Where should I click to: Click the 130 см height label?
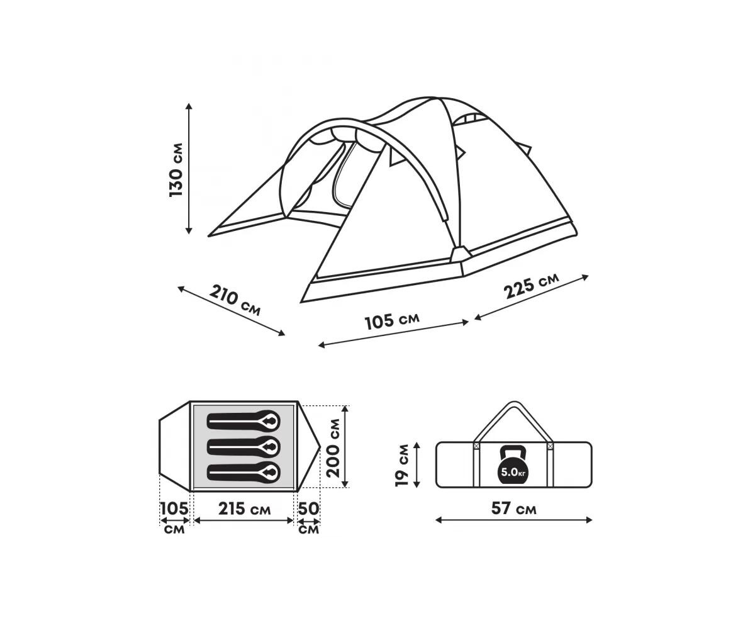pyautogui.click(x=176, y=170)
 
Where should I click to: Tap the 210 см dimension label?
pyautogui.click(x=235, y=301)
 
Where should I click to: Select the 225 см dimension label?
pyautogui.click(x=531, y=286)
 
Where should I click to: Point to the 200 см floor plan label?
pyautogui.click(x=333, y=448)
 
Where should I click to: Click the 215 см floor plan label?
pyautogui.click(x=245, y=508)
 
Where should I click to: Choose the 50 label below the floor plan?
pyautogui.click(x=308, y=508)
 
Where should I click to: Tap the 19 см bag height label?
pyautogui.click(x=402, y=464)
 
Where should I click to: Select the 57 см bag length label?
pyautogui.click(x=514, y=508)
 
